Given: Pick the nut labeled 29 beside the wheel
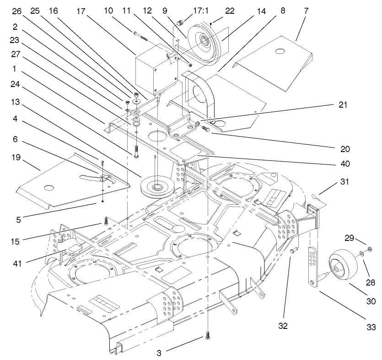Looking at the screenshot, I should point(370,249).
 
